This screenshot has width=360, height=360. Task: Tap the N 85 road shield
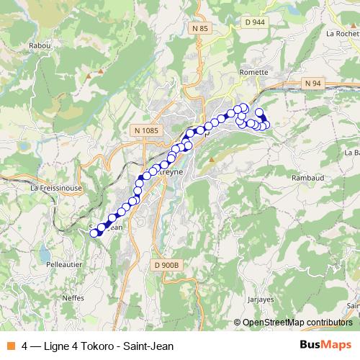[201, 28]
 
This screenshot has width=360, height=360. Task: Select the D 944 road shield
[254, 24]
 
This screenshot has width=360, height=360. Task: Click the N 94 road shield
[312, 84]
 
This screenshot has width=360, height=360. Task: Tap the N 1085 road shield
[145, 130]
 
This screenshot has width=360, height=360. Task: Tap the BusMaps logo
[325, 346]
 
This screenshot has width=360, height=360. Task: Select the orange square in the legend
[10, 346]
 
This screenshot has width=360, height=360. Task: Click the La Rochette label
[343, 33]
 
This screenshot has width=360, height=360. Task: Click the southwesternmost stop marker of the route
[94, 233]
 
